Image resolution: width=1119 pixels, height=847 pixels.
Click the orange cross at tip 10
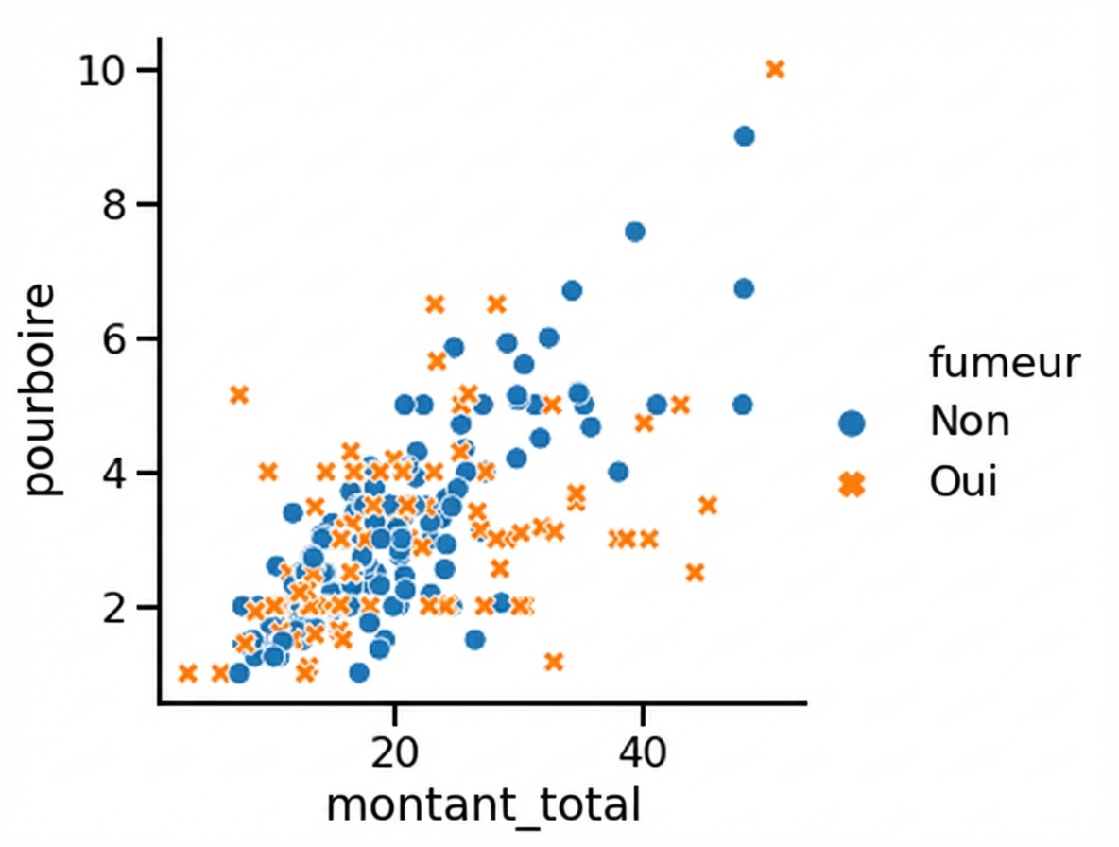775,69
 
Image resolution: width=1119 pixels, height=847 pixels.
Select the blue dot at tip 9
744,136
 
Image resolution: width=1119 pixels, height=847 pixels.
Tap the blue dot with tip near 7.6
635,232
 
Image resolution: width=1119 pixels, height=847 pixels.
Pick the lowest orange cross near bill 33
554,662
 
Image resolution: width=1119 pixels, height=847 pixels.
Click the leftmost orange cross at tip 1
187,673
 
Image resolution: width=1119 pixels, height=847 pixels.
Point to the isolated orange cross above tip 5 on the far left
239,394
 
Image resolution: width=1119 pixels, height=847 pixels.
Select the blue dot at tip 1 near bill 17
358,672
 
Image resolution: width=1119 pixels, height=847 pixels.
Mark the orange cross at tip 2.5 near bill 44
695,572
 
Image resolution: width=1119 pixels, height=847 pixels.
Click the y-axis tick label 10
105,71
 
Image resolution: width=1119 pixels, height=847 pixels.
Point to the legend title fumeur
1004,363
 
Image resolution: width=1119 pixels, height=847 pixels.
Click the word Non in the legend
969,421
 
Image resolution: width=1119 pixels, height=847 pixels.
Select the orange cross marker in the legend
852,484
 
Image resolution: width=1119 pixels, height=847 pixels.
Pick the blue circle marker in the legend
852,423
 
